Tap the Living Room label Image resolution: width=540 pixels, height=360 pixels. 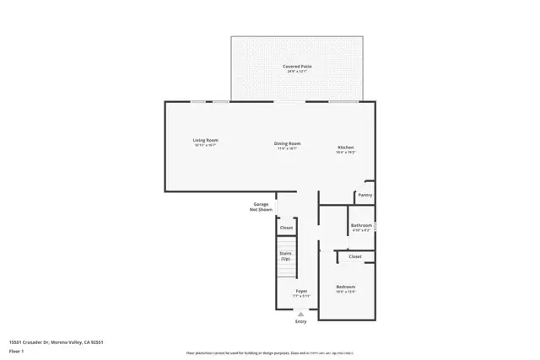205,140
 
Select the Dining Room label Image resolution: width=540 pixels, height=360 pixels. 287,143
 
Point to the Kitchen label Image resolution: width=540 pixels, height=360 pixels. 346,148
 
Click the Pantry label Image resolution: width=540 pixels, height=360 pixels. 364,195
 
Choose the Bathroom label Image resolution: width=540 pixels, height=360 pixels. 362,225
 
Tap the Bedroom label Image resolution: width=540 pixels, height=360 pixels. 346,287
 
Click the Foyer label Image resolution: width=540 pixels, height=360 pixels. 301,291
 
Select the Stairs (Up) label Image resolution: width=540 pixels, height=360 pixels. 286,255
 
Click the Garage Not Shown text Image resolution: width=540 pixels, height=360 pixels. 261,207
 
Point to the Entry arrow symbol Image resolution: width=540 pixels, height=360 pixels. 301,313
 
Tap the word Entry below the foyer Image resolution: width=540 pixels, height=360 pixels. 301,321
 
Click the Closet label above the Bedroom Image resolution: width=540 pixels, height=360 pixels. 355,256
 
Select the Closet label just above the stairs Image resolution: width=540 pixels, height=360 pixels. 287,228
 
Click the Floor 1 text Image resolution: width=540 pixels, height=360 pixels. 17,350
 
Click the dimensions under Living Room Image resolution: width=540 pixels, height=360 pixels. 205,145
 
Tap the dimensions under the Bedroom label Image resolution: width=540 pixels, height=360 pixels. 346,292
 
